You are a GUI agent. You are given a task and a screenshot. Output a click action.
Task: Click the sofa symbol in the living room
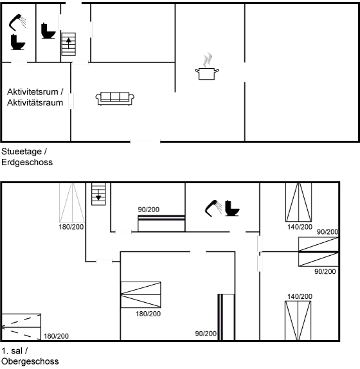click(x=116, y=98)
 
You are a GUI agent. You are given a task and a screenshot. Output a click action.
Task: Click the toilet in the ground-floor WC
click(x=48, y=30)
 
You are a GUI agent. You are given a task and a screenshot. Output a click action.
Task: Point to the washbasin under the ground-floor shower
click(x=17, y=44)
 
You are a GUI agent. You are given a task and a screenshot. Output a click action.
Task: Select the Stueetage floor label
click(x=24, y=152)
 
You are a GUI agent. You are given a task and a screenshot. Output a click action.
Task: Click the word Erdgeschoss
click(x=27, y=163)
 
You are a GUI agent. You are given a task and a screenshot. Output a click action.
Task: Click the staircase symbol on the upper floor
click(x=98, y=194)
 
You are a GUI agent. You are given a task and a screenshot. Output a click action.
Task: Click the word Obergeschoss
click(x=30, y=362)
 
